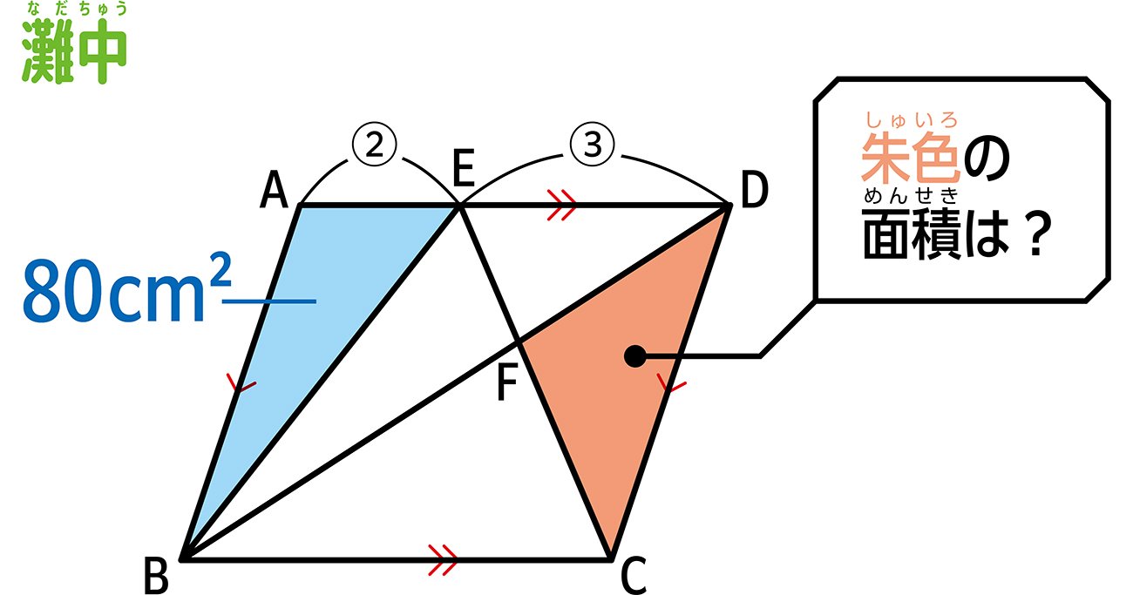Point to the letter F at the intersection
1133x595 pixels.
(507, 383)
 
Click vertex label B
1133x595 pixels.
(157, 575)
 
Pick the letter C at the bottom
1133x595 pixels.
(634, 575)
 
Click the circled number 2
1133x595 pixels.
(376, 145)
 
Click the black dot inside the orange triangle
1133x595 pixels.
(635, 355)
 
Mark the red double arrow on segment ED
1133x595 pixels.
(563, 206)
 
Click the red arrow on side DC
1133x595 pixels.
(668, 382)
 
